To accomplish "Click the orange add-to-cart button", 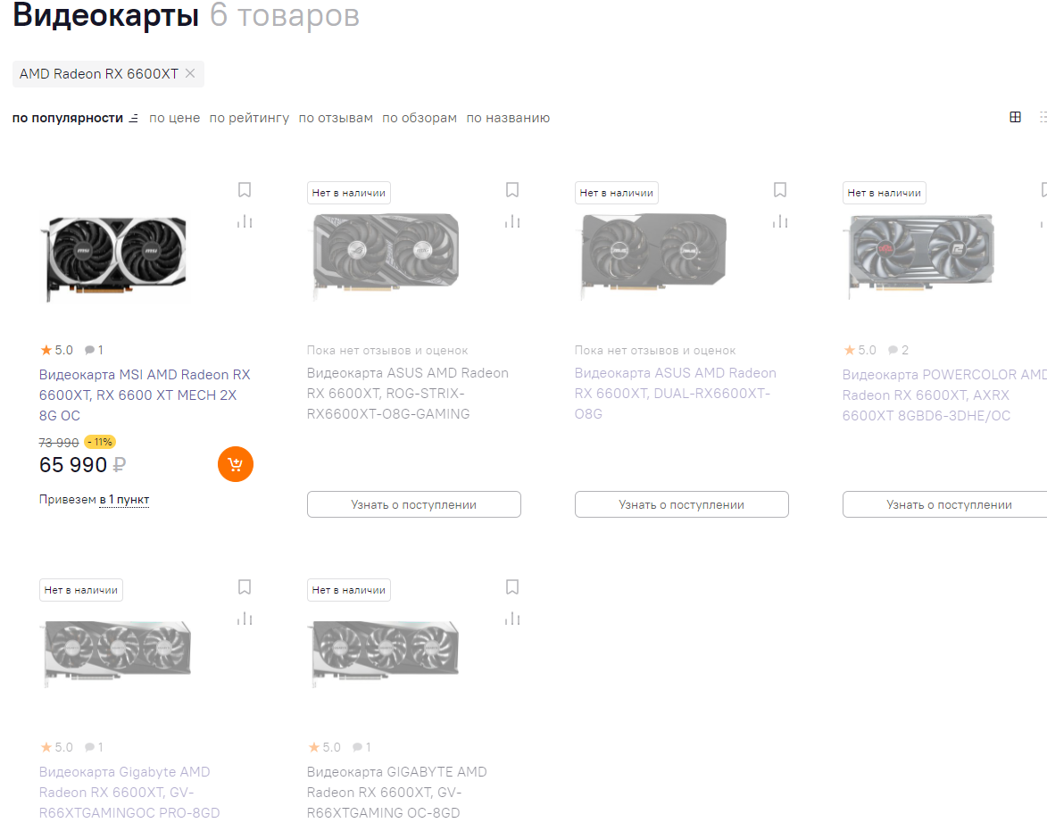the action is point(236,464).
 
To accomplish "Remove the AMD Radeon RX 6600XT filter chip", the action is point(190,73).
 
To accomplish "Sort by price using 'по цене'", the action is point(174,118).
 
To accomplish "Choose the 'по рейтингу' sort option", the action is point(249,118).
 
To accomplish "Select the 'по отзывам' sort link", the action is point(336,118).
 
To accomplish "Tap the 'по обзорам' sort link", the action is point(420,118).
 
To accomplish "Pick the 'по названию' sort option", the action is point(508,118).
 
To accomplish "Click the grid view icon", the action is point(1015,118).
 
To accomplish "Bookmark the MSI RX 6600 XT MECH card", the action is point(245,190).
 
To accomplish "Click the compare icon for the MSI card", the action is point(245,221).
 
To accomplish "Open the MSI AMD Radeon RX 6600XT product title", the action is point(145,395).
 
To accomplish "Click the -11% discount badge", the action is point(100,442).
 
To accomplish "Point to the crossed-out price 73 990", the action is point(59,443).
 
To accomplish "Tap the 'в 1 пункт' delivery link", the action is point(124,500).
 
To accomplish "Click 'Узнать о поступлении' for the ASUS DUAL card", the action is point(682,504).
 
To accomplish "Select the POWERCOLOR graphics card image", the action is point(921,254).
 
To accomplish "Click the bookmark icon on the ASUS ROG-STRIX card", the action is point(512,190).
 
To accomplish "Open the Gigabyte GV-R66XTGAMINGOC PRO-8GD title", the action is point(129,793).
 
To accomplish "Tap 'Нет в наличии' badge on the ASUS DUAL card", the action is point(616,193).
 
